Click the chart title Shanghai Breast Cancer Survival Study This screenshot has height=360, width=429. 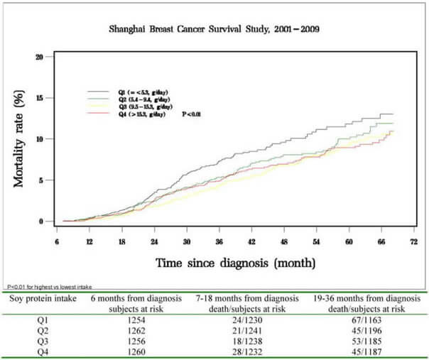click(x=214, y=30)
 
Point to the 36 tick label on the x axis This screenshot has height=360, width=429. click(x=219, y=242)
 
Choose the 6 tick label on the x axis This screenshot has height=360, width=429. click(x=55, y=242)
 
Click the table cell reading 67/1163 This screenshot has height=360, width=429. click(x=360, y=318)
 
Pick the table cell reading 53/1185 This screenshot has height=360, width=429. click(x=360, y=340)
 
